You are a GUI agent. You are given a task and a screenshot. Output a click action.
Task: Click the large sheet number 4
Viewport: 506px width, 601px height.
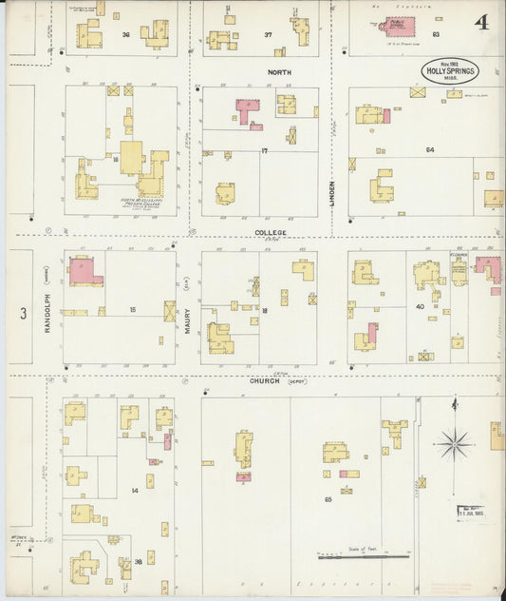pos(482,22)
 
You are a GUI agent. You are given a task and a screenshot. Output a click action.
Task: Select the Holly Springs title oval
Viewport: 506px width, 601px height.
pos(450,71)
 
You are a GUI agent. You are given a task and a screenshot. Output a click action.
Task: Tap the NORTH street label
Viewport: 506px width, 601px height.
pos(279,71)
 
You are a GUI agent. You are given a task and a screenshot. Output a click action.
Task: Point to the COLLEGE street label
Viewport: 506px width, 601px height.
pos(270,232)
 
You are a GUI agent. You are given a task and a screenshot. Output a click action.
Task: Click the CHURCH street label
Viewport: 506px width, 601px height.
pos(265,380)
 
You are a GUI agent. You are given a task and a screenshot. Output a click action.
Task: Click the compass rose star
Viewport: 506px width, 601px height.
pos(455,442)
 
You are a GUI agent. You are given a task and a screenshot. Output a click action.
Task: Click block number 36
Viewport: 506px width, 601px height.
pos(126,34)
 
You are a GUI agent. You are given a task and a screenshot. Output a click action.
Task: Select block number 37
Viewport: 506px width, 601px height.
pos(269,34)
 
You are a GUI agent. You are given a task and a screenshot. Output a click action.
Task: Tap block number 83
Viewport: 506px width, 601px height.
pos(436,34)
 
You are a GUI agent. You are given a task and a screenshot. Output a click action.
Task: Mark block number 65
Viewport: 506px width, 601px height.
pos(328,498)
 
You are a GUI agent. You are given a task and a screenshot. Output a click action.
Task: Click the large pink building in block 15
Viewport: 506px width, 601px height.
pos(84,271)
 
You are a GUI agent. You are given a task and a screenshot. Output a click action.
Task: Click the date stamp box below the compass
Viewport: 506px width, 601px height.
pos(469,514)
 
